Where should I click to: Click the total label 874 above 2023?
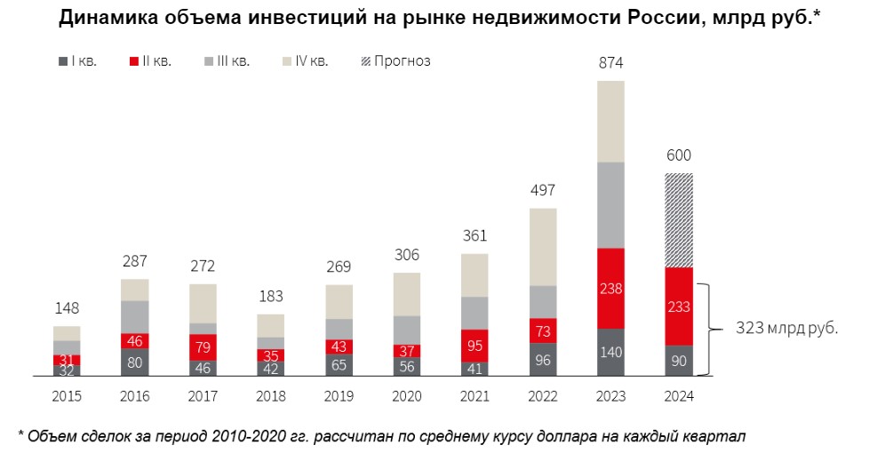point(610,63)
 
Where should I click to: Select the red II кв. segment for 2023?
point(610,289)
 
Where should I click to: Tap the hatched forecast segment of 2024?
point(679,219)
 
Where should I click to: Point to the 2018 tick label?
point(271,396)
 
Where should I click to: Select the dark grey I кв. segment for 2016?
point(135,362)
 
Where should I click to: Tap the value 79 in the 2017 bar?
point(203,346)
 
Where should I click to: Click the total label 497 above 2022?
point(543,191)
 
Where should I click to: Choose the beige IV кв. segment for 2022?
point(543,247)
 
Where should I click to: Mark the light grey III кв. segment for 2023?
point(610,205)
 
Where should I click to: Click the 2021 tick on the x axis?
point(474,396)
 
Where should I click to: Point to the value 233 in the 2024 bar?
point(679,306)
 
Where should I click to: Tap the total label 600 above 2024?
point(679,155)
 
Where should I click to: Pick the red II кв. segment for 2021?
point(474,345)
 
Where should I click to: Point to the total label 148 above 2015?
point(67,308)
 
